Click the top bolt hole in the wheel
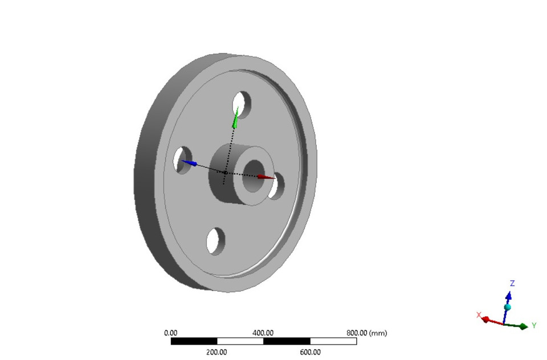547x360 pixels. click(x=242, y=103)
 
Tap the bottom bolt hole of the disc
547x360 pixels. click(x=216, y=241)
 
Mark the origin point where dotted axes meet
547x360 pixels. click(x=225, y=172)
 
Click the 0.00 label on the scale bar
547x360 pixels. click(x=170, y=333)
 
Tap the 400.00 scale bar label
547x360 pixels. click(x=263, y=333)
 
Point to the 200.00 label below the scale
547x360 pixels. click(x=217, y=352)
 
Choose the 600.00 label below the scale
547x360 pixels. click(x=309, y=352)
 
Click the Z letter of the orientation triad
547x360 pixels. click(x=512, y=283)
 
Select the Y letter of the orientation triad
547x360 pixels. click(x=534, y=325)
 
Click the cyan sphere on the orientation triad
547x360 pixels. click(x=507, y=307)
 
